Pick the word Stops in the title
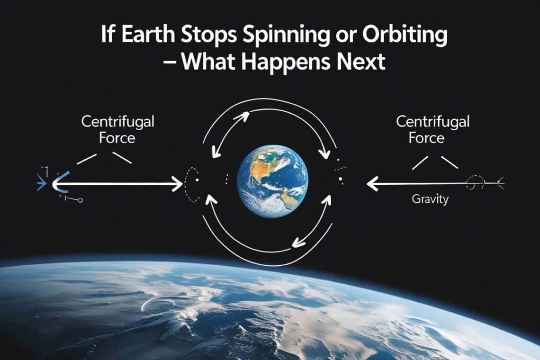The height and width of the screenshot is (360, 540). click(208, 36)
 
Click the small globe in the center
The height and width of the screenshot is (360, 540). click(272, 181)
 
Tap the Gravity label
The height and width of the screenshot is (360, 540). click(430, 199)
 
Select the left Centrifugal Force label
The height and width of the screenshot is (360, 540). click(117, 130)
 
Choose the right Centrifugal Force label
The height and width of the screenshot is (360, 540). click(432, 130)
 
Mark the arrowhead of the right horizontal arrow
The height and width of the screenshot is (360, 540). click(372, 184)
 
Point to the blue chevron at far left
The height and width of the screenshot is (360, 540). click(41, 182)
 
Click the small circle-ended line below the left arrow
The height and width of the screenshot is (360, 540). click(73, 199)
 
